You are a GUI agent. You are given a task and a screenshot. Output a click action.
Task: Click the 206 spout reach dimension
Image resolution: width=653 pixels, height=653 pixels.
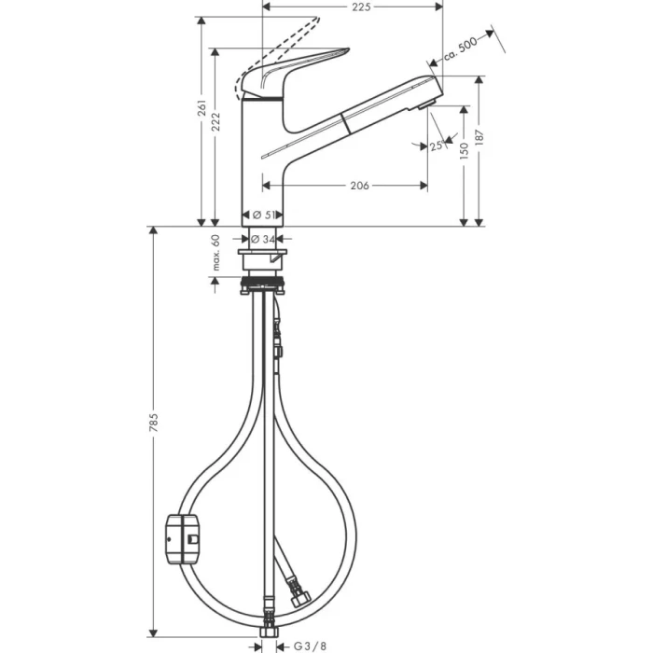click(x=358, y=186)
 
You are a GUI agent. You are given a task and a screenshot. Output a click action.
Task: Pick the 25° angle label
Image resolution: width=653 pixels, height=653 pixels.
click(x=436, y=146)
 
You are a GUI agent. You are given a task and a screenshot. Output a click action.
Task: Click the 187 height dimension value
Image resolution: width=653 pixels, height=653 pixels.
click(x=479, y=135)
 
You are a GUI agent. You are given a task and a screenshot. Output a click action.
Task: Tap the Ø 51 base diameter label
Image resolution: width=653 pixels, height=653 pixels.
click(x=267, y=215)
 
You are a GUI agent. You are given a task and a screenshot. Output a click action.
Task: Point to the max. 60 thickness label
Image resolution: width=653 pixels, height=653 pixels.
click(x=215, y=254)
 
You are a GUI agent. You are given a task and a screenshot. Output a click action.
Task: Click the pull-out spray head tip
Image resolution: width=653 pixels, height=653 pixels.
click(x=430, y=93)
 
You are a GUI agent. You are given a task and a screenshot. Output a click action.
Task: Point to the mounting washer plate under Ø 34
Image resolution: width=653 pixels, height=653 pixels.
click(x=267, y=254)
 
